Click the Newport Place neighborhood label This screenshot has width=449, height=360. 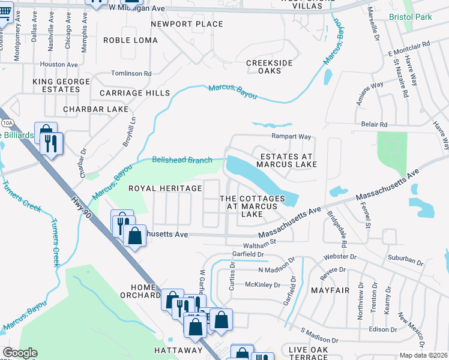[x=187, y=25]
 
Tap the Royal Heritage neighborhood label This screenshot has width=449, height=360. [x=166, y=188]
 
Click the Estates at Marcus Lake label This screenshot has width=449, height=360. [x=286, y=161]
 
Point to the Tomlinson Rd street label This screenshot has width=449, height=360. [x=131, y=73]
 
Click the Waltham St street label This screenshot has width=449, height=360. [x=259, y=244]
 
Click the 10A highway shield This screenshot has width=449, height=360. [x=7, y=122]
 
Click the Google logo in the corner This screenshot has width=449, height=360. [x=20, y=353]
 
